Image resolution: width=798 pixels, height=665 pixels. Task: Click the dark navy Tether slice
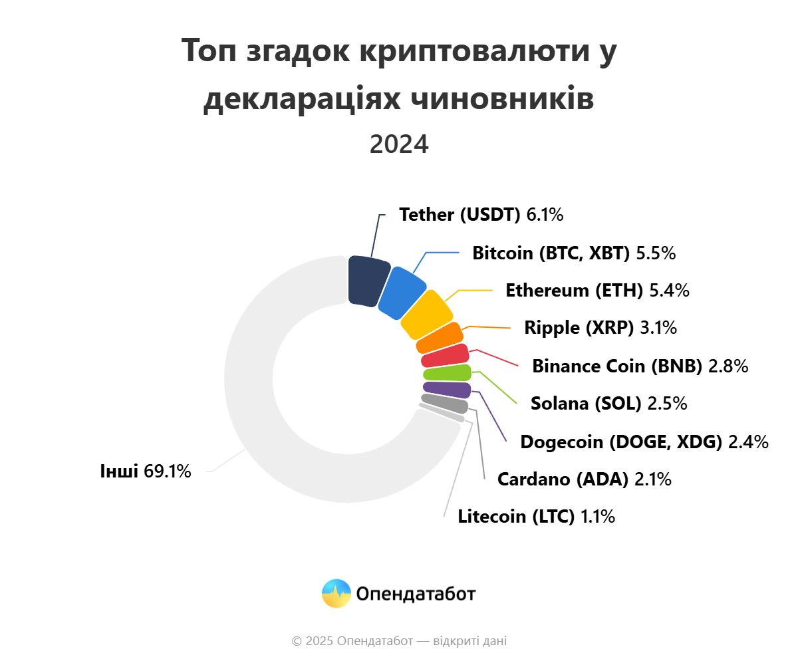[x=368, y=281]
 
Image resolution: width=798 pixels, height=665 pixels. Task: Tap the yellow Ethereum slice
[x=426, y=315]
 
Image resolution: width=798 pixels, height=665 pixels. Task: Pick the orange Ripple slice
[x=440, y=338]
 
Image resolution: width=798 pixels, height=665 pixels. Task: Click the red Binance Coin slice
[x=445, y=356]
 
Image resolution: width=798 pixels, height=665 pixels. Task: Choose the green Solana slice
[x=447, y=373]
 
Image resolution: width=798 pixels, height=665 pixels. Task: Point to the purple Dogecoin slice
[x=447, y=390]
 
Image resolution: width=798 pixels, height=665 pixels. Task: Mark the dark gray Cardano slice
[x=444, y=403]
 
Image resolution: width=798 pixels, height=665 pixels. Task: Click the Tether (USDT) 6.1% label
[x=481, y=215]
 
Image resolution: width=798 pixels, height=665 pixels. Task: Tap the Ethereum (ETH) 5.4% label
[x=597, y=291]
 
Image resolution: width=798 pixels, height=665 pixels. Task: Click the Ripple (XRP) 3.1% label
[x=600, y=327]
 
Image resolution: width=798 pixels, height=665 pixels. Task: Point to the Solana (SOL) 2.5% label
[x=608, y=404]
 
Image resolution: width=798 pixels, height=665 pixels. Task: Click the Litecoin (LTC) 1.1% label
[x=536, y=517]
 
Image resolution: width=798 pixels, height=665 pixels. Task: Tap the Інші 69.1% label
[x=146, y=471]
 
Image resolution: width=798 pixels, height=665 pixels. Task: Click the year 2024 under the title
[x=399, y=144]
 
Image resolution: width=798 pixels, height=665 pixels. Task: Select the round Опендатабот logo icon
[x=336, y=593]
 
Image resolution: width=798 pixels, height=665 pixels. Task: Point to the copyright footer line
[x=399, y=641]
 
